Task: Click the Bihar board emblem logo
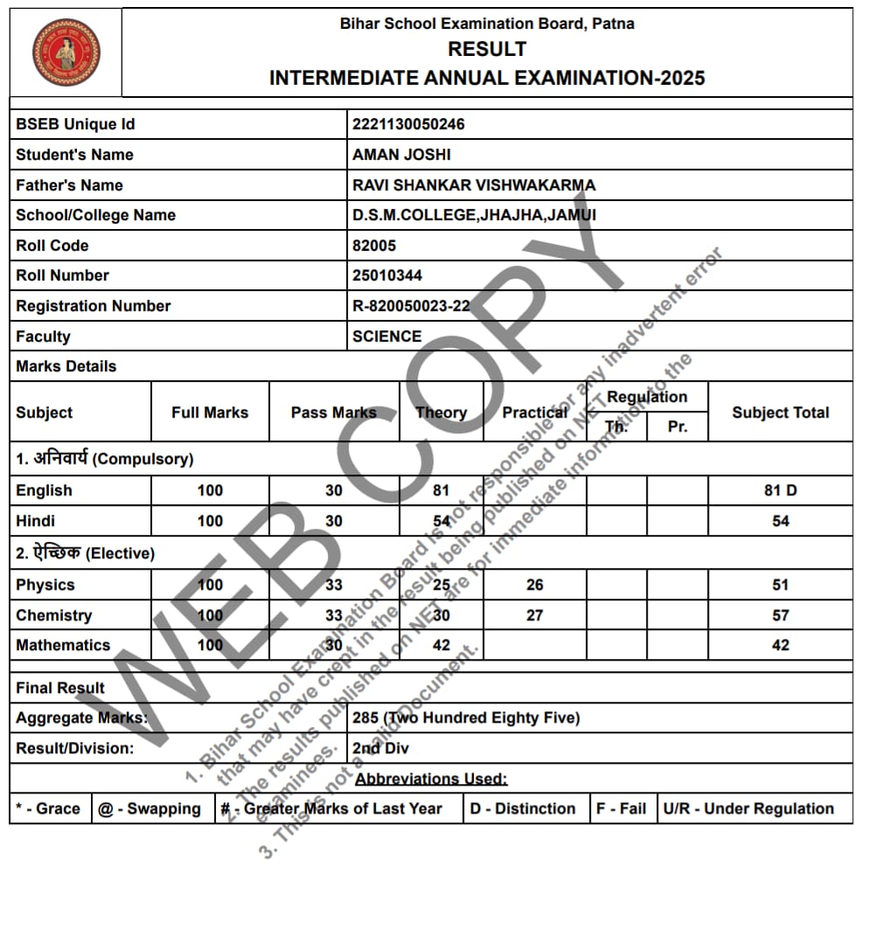[x=66, y=52]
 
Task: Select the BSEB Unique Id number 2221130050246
[x=408, y=124]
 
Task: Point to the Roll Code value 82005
[x=374, y=246]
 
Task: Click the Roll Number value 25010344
[x=387, y=275]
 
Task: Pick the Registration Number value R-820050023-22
[x=411, y=306]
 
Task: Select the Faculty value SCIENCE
[x=386, y=336]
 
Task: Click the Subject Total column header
[x=780, y=413]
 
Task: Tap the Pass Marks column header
[x=333, y=413]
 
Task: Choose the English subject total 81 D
[x=780, y=490]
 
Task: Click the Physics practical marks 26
[x=534, y=585]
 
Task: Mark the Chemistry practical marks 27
[x=534, y=615]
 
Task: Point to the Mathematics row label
[x=63, y=645]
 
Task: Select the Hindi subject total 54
[x=780, y=521]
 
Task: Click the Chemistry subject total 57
[x=780, y=615]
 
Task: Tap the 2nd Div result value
[x=380, y=748]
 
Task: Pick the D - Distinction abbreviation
[x=522, y=808]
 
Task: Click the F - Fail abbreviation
[x=621, y=808]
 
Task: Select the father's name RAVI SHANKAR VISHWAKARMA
[x=474, y=185]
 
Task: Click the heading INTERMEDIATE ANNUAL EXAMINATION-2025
[x=487, y=78]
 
